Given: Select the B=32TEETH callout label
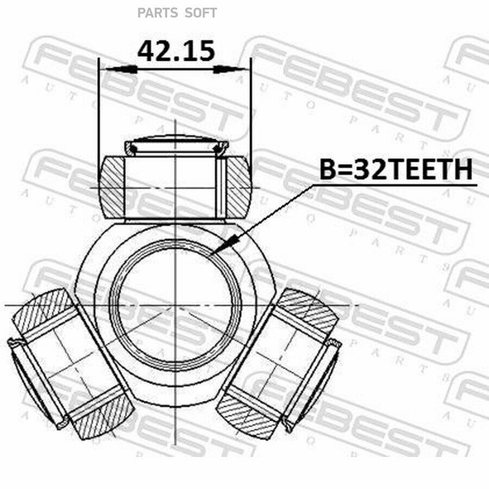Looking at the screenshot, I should [x=396, y=170].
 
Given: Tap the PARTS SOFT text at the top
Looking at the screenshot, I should [x=177, y=12].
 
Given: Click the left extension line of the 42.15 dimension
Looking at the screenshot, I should [x=98, y=109].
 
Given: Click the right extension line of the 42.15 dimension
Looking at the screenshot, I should [x=251, y=109].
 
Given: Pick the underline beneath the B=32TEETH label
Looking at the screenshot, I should [x=396, y=184].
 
